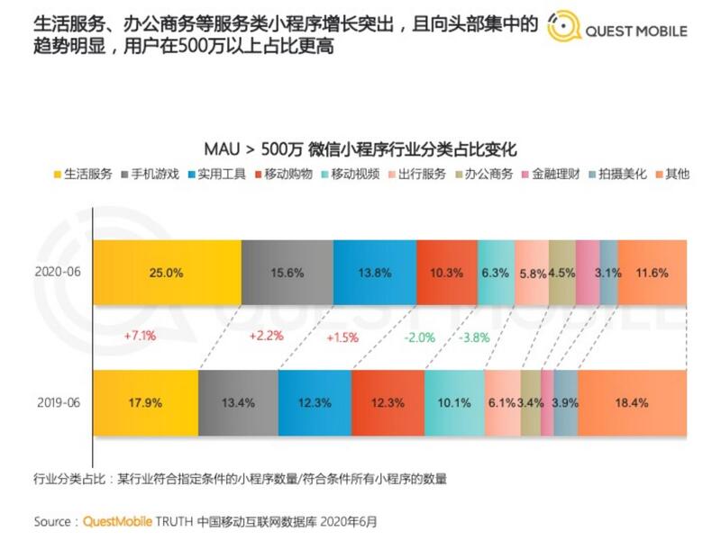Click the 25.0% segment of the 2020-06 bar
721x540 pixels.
click(168, 272)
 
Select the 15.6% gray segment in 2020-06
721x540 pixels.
click(287, 272)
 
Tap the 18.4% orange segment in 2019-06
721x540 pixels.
click(631, 402)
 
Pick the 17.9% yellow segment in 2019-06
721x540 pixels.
click(146, 402)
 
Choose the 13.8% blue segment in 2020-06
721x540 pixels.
click(374, 272)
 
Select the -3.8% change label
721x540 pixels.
click(474, 337)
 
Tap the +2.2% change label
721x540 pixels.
click(267, 337)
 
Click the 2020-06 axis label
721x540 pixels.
click(57, 272)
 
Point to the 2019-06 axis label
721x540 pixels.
click(57, 402)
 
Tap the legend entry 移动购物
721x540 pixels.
click(280, 174)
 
